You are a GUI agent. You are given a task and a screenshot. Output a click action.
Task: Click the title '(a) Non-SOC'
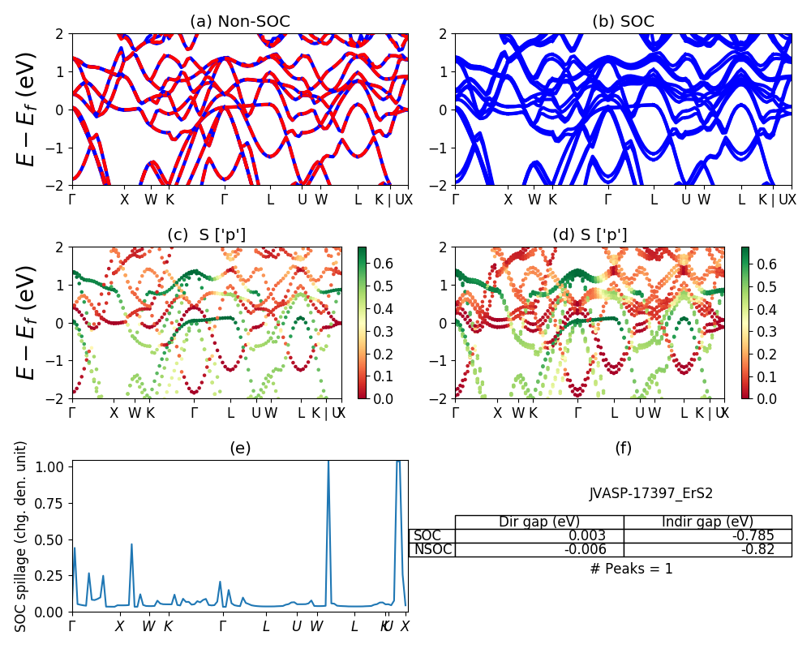[239, 22]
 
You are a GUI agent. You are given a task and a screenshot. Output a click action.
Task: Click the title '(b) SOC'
[623, 22]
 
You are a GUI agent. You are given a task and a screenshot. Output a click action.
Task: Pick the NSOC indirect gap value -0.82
[755, 549]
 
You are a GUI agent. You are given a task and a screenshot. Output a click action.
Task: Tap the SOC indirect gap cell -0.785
[752, 535]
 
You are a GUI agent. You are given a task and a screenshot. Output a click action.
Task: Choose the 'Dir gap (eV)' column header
[539, 522]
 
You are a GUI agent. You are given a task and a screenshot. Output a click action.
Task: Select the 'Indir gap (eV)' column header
[707, 522]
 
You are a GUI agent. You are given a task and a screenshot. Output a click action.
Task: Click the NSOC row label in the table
[432, 549]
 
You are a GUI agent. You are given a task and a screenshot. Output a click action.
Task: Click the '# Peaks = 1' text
[631, 569]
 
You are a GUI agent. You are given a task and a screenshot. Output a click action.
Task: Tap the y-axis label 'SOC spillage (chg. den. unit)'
[21, 536]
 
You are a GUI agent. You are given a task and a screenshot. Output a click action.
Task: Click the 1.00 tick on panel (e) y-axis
[54, 466]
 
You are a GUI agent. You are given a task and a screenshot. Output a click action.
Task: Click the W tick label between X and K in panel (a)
[151, 199]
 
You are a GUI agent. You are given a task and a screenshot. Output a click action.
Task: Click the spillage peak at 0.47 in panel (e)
[131, 544]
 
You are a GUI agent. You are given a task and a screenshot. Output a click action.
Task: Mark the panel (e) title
[239, 448]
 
